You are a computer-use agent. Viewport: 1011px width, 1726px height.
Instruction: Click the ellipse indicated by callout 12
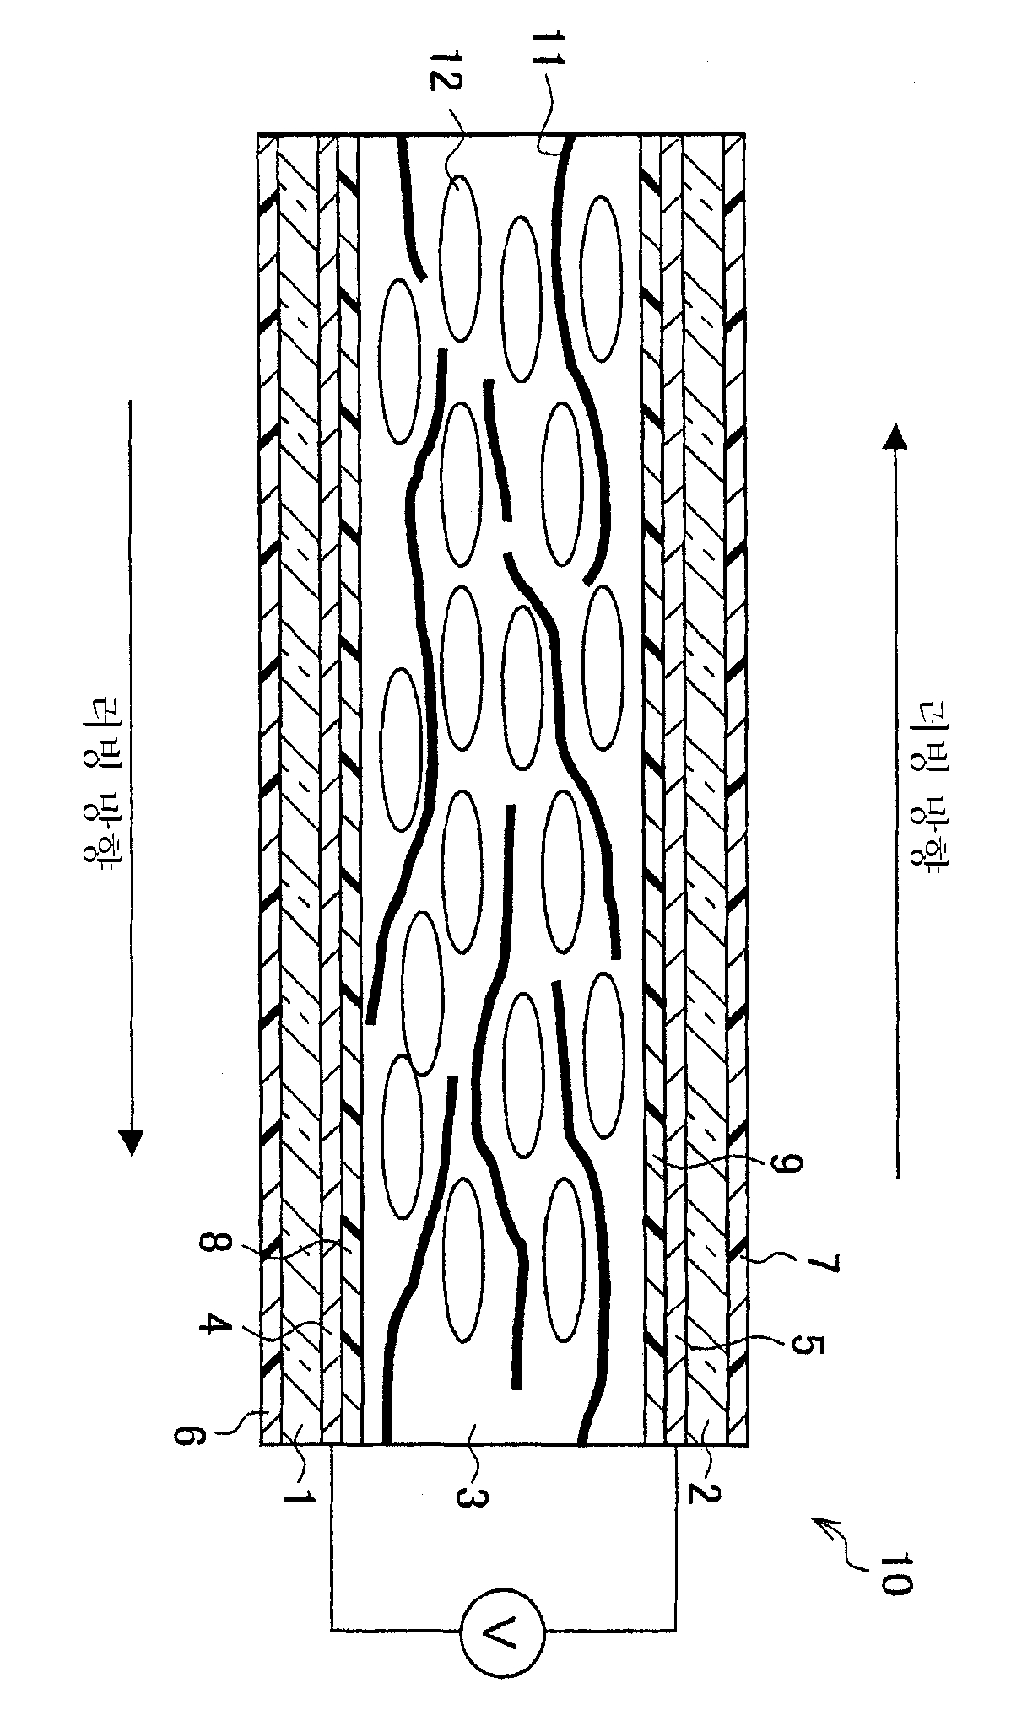coord(459,256)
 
